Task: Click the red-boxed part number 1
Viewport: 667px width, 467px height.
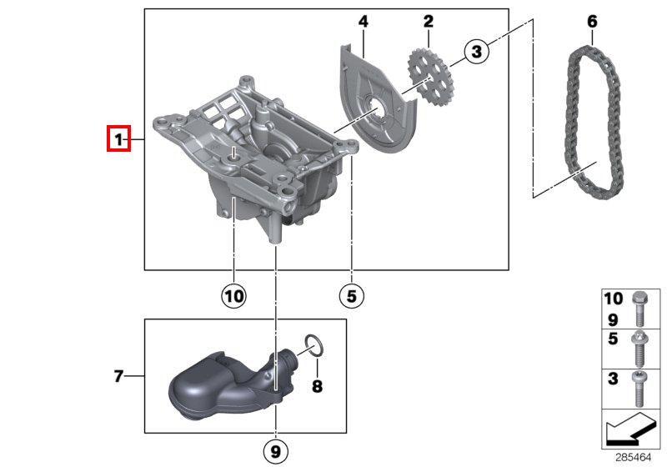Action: click(x=118, y=138)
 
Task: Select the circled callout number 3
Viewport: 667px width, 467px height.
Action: click(x=476, y=51)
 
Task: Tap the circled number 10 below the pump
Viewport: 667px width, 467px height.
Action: click(x=234, y=295)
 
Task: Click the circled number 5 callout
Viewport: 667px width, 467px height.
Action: click(x=352, y=295)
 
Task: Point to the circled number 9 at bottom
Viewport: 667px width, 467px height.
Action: click(x=276, y=451)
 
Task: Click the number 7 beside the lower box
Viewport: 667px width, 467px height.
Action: click(x=118, y=376)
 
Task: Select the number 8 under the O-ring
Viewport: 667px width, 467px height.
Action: click(x=317, y=386)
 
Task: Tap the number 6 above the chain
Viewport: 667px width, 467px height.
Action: click(x=592, y=22)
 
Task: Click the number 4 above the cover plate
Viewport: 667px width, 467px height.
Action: click(x=363, y=22)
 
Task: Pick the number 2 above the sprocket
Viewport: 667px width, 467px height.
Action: click(x=428, y=22)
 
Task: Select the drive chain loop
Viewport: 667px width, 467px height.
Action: click(x=594, y=121)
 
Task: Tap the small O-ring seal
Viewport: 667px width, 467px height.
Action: click(x=315, y=345)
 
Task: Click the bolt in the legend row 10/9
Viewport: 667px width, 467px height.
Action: click(x=639, y=309)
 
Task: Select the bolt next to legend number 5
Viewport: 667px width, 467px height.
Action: click(x=639, y=349)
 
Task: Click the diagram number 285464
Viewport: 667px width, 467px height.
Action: click(x=634, y=458)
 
